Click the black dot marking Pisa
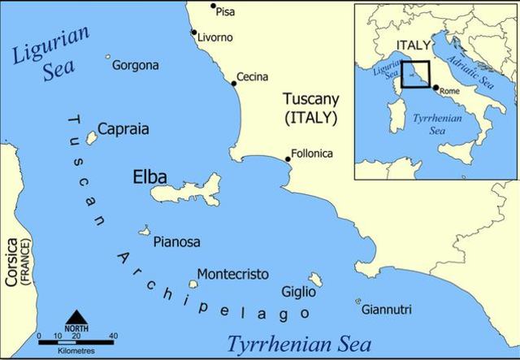[x=214, y=7]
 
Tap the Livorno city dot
[x=193, y=33]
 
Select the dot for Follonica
[x=287, y=159]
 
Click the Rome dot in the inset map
[x=435, y=88]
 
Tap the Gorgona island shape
[x=107, y=58]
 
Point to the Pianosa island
[x=146, y=231]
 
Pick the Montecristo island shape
[x=193, y=284]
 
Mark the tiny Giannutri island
[x=357, y=301]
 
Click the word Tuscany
[x=311, y=99]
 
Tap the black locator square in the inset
[x=416, y=74]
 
